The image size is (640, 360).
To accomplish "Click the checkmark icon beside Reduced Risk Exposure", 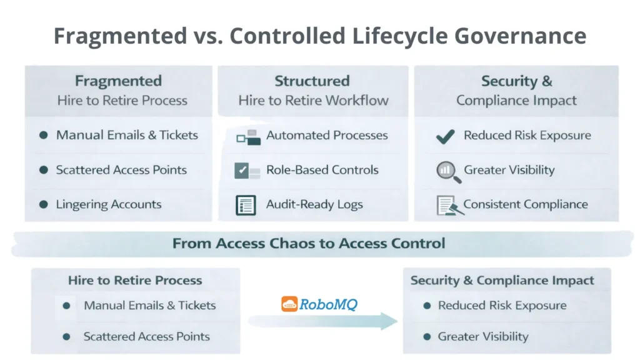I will tap(445, 136).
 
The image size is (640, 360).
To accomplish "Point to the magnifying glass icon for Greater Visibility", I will tap(448, 171).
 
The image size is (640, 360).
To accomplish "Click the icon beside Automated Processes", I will tap(248, 136).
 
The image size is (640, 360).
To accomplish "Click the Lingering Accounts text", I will tap(109, 204).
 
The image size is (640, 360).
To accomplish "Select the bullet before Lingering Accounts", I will tap(43, 204).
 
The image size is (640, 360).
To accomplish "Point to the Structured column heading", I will tap(312, 81).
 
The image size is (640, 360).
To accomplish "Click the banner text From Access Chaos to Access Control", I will tap(309, 243).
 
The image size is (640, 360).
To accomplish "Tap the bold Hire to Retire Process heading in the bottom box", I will tap(135, 280).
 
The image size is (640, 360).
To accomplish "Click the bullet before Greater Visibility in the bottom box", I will tap(427, 337).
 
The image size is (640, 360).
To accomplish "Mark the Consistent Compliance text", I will tap(526, 204).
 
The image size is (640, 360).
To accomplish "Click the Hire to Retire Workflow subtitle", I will tap(313, 100).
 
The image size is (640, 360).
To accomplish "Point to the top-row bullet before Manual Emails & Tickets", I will tap(43, 135).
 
